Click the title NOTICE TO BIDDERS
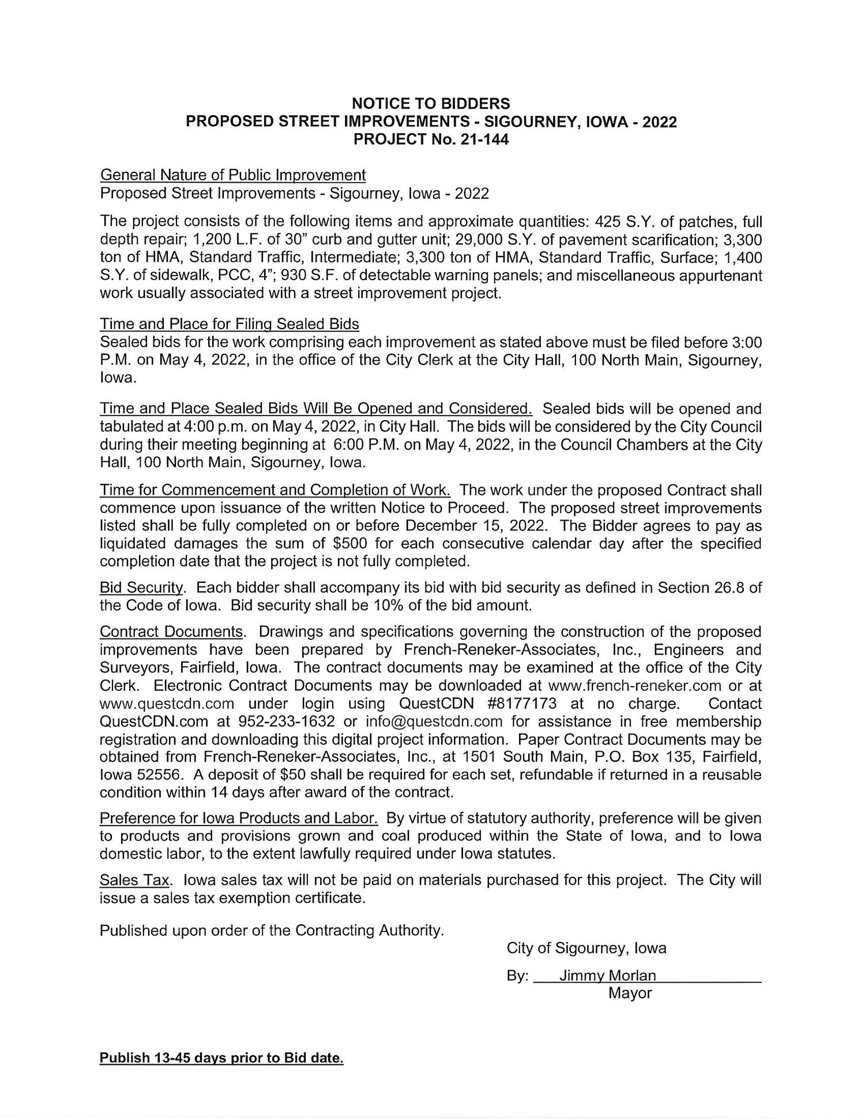pyautogui.click(x=431, y=104)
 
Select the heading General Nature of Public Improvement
pyautogui.click(x=232, y=175)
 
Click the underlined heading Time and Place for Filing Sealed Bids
pyautogui.click(x=229, y=324)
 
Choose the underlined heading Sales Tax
pyautogui.click(x=135, y=880)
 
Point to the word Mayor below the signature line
pyautogui.click(x=630, y=993)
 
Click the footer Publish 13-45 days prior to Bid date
pyautogui.click(x=221, y=1058)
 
